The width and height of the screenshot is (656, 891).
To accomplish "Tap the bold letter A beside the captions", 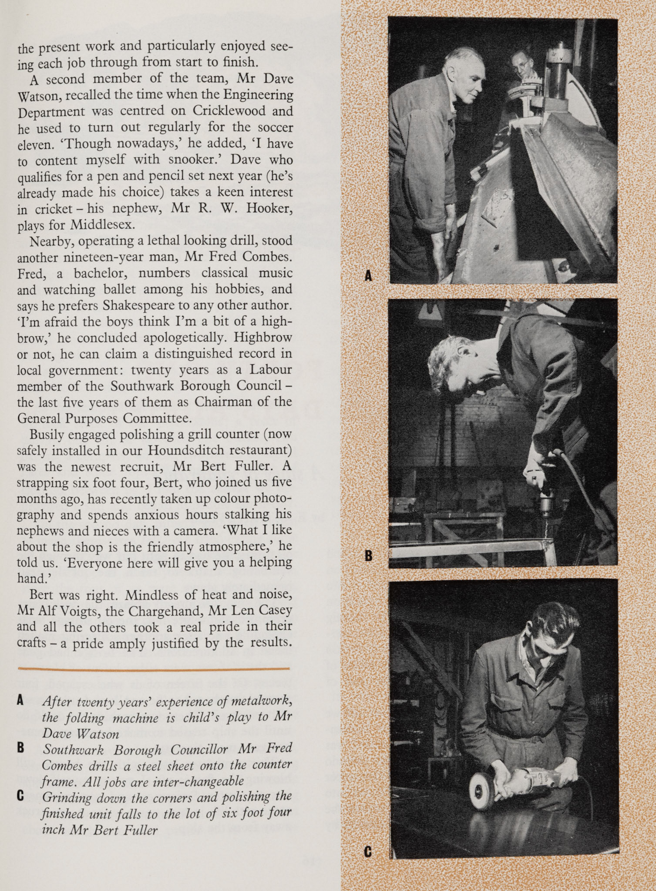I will click(20, 700).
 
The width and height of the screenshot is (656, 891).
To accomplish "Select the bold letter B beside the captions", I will click(20, 748).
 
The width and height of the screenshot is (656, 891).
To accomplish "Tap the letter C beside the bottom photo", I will click(368, 851).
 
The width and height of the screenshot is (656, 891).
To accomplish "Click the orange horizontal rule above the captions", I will click(153, 668).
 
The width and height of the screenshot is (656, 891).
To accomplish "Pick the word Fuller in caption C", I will click(141, 830).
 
